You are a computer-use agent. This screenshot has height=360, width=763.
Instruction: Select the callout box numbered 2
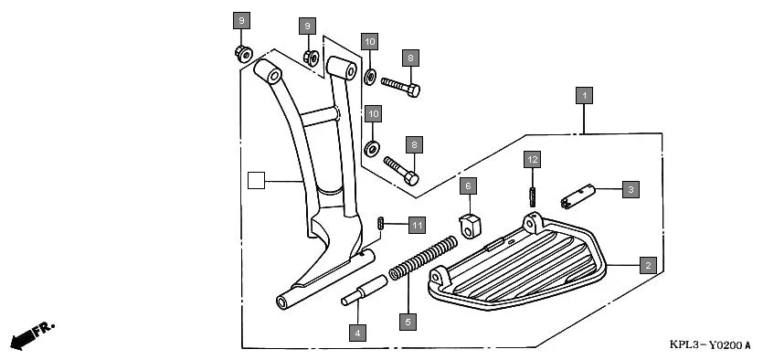tap(647, 265)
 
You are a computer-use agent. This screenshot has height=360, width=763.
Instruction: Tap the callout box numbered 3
tap(630, 189)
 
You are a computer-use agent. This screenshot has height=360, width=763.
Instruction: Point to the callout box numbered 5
tap(408, 322)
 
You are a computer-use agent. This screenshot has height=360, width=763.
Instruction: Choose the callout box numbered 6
tap(468, 186)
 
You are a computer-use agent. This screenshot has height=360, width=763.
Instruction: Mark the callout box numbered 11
tap(417, 224)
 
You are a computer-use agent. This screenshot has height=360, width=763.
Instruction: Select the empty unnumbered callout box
tap(257, 181)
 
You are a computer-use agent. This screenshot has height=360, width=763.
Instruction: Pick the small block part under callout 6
tap(469, 223)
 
